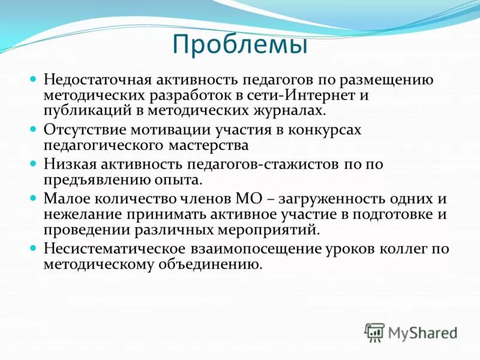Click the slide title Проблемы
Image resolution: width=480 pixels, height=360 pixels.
(x=239, y=45)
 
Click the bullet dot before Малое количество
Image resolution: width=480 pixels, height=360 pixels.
(x=34, y=197)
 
